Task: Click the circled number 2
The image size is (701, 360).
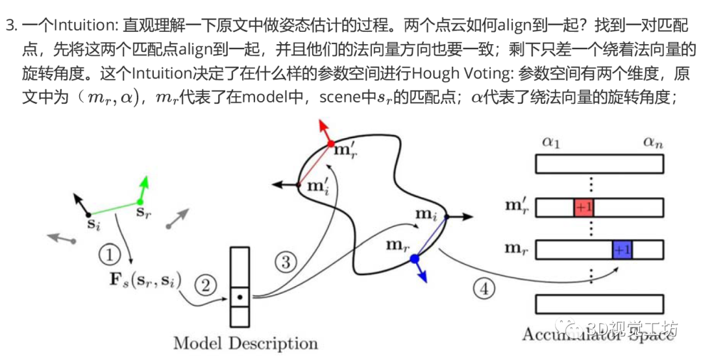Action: click(x=206, y=283)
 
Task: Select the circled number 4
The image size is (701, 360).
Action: click(x=482, y=289)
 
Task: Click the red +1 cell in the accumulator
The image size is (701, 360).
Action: click(x=584, y=208)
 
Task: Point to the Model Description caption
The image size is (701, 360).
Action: click(x=245, y=342)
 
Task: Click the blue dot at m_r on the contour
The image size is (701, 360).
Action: click(x=415, y=258)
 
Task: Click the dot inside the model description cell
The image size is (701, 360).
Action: click(x=240, y=298)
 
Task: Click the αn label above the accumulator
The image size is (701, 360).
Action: click(x=652, y=143)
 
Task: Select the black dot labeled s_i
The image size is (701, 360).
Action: click(x=88, y=213)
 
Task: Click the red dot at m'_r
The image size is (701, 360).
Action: click(x=330, y=143)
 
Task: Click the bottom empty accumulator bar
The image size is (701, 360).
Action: click(x=599, y=304)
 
